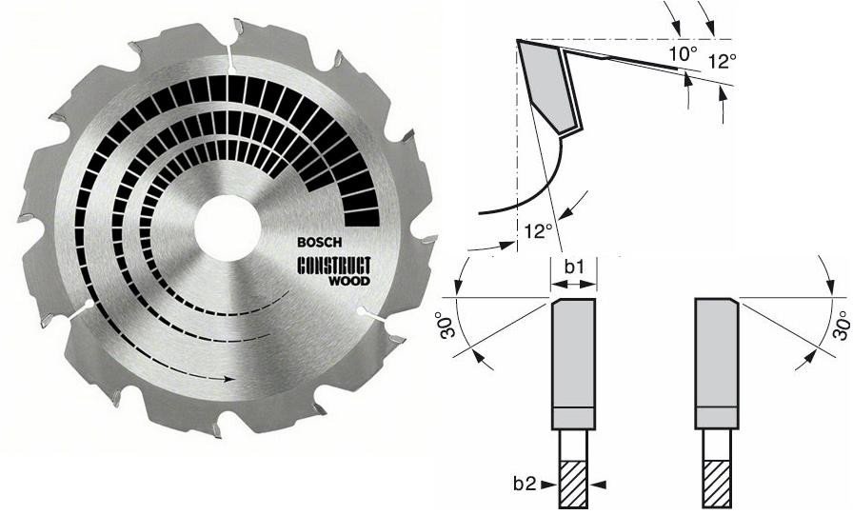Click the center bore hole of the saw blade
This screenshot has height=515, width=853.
coord(227,230)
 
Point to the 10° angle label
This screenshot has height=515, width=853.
coord(682,54)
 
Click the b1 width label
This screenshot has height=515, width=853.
coord(573,268)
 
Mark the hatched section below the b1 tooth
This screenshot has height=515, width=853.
coord(573,484)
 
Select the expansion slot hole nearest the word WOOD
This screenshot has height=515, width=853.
coord(363,310)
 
